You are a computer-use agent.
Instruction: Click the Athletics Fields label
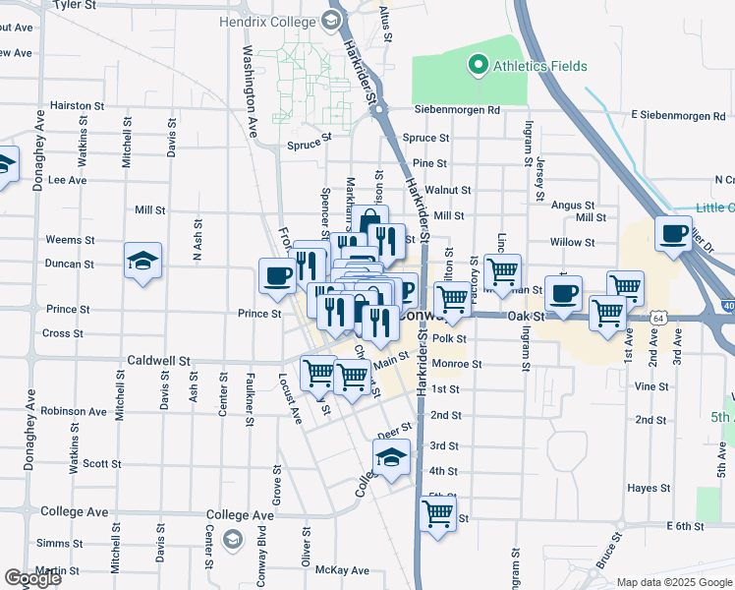click(539, 67)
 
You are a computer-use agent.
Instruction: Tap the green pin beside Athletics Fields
click(478, 67)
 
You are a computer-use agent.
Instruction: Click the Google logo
click(33, 578)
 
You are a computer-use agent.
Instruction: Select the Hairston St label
click(78, 105)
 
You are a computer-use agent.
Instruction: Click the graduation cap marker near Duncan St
click(143, 262)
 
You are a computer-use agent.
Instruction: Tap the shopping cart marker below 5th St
click(437, 513)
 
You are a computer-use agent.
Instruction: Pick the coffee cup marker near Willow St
click(674, 235)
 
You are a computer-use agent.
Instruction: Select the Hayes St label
click(650, 488)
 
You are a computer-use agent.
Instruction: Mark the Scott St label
click(101, 463)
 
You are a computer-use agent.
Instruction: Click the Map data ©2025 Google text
click(673, 582)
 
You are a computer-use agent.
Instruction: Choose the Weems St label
click(64, 240)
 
